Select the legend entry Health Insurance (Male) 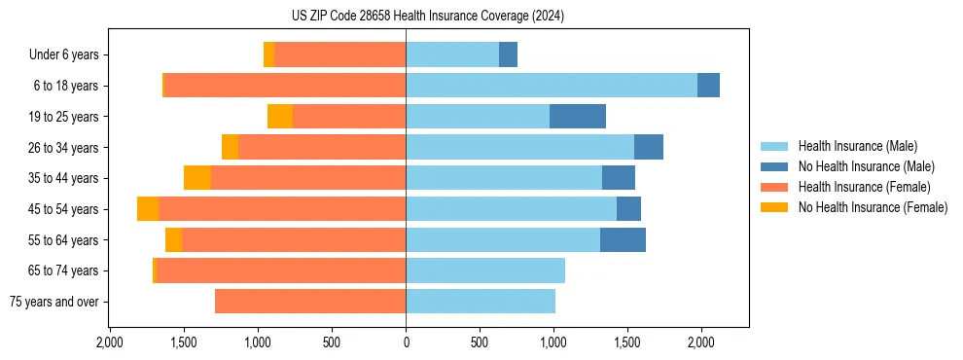coord(857,146)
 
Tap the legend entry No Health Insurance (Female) coord(873,207)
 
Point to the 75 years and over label coord(53,302)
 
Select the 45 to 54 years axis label coord(64,209)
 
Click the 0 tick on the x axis coord(406,342)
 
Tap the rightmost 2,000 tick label coord(701,342)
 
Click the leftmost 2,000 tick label coord(110,342)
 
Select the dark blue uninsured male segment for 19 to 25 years coord(578,117)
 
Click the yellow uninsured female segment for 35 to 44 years coord(197,178)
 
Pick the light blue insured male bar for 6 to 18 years coord(552,86)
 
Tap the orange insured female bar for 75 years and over coord(310,302)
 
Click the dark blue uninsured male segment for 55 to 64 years coord(623,239)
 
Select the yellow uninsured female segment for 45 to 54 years coord(148,209)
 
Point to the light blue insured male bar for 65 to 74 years coord(485,270)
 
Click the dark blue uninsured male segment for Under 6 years coord(508,55)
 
